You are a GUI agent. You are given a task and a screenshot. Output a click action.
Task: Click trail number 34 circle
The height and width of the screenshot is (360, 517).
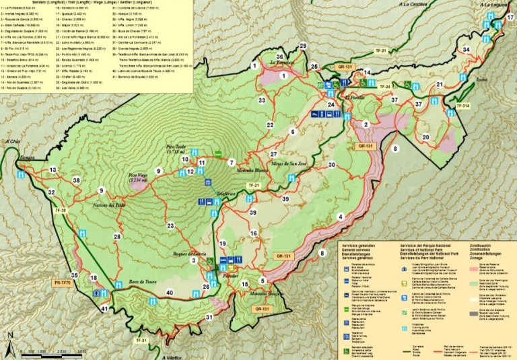[x=466, y=50]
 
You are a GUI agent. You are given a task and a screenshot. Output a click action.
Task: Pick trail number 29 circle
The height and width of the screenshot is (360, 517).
[x=303, y=46]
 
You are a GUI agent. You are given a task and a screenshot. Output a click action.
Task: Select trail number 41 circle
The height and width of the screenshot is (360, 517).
[x=104, y=309]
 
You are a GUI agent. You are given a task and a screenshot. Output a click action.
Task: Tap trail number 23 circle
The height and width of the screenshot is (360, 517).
[x=170, y=226]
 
